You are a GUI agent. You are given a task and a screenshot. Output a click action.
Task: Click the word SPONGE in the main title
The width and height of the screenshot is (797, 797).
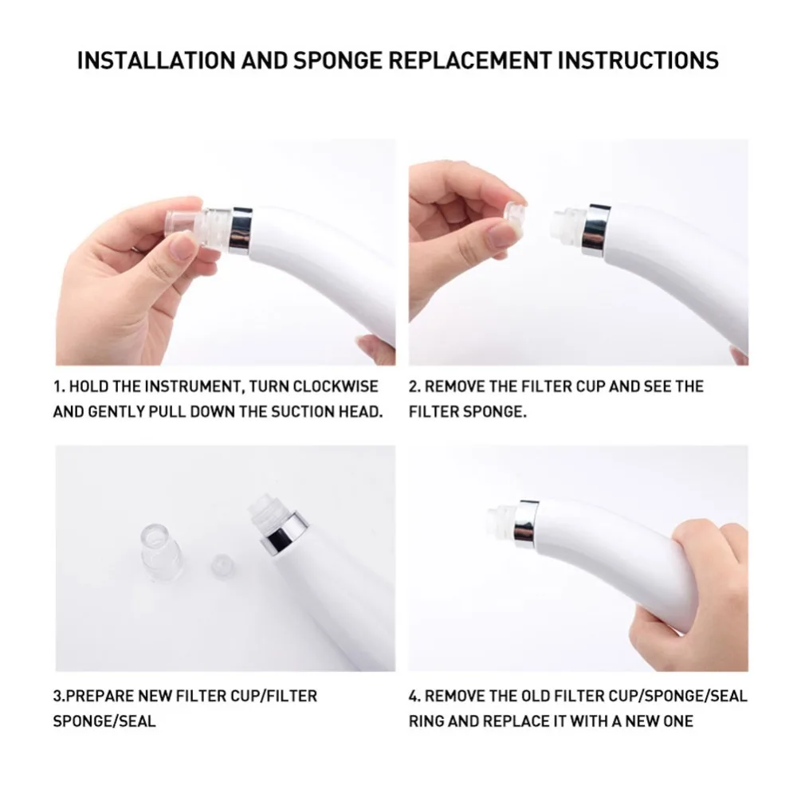click(x=337, y=60)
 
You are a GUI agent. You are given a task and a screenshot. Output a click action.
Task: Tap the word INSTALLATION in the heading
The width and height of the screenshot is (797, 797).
click(x=156, y=60)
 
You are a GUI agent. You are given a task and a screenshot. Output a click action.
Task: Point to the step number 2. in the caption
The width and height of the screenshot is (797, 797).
click(x=414, y=387)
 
